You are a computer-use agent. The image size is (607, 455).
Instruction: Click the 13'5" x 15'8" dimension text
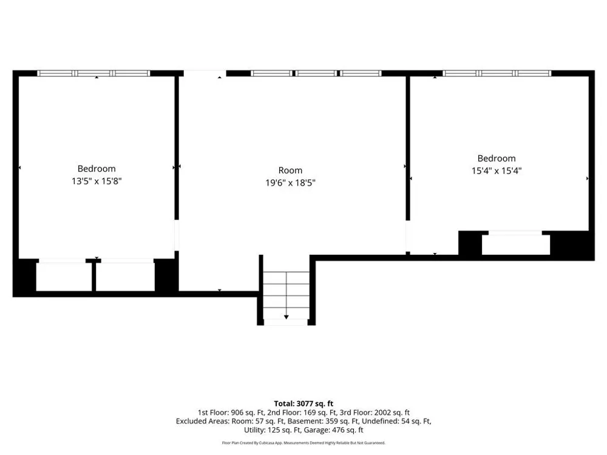pyautogui.click(x=97, y=181)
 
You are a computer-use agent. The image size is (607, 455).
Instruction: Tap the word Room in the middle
pyautogui.click(x=290, y=170)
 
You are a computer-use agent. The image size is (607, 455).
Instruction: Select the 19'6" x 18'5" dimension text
pyautogui.click(x=290, y=183)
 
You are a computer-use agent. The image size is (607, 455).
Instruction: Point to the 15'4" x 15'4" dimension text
pyautogui.click(x=497, y=170)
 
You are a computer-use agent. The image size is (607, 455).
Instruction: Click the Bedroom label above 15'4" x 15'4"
pyautogui.click(x=497, y=158)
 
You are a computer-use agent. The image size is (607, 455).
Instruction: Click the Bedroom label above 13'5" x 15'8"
pyautogui.click(x=97, y=169)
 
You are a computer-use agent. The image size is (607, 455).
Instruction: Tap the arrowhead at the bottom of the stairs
pyautogui.click(x=286, y=317)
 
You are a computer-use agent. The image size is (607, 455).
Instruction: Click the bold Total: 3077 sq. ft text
pyautogui.click(x=303, y=404)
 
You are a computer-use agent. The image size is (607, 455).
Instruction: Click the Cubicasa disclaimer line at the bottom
pyautogui.click(x=303, y=443)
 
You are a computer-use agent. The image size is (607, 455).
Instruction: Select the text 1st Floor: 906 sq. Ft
pyautogui.click(x=231, y=413)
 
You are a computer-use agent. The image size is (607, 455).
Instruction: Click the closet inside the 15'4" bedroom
pyautogui.click(x=515, y=244)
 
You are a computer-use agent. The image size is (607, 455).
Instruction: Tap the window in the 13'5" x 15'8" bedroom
pyautogui.click(x=93, y=73)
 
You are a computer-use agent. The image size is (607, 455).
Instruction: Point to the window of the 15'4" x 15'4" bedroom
pyautogui.click(x=497, y=73)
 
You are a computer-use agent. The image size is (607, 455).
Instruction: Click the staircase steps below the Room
pyautogui.click(x=286, y=295)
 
